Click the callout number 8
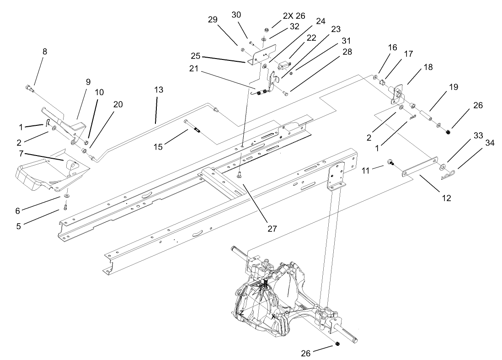(x=44, y=52)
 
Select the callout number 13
(x=158, y=91)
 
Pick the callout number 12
(x=446, y=198)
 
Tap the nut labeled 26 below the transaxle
(x=337, y=344)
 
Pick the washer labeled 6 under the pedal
(x=67, y=196)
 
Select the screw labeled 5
(x=65, y=207)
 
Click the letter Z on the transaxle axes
(x=240, y=313)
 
